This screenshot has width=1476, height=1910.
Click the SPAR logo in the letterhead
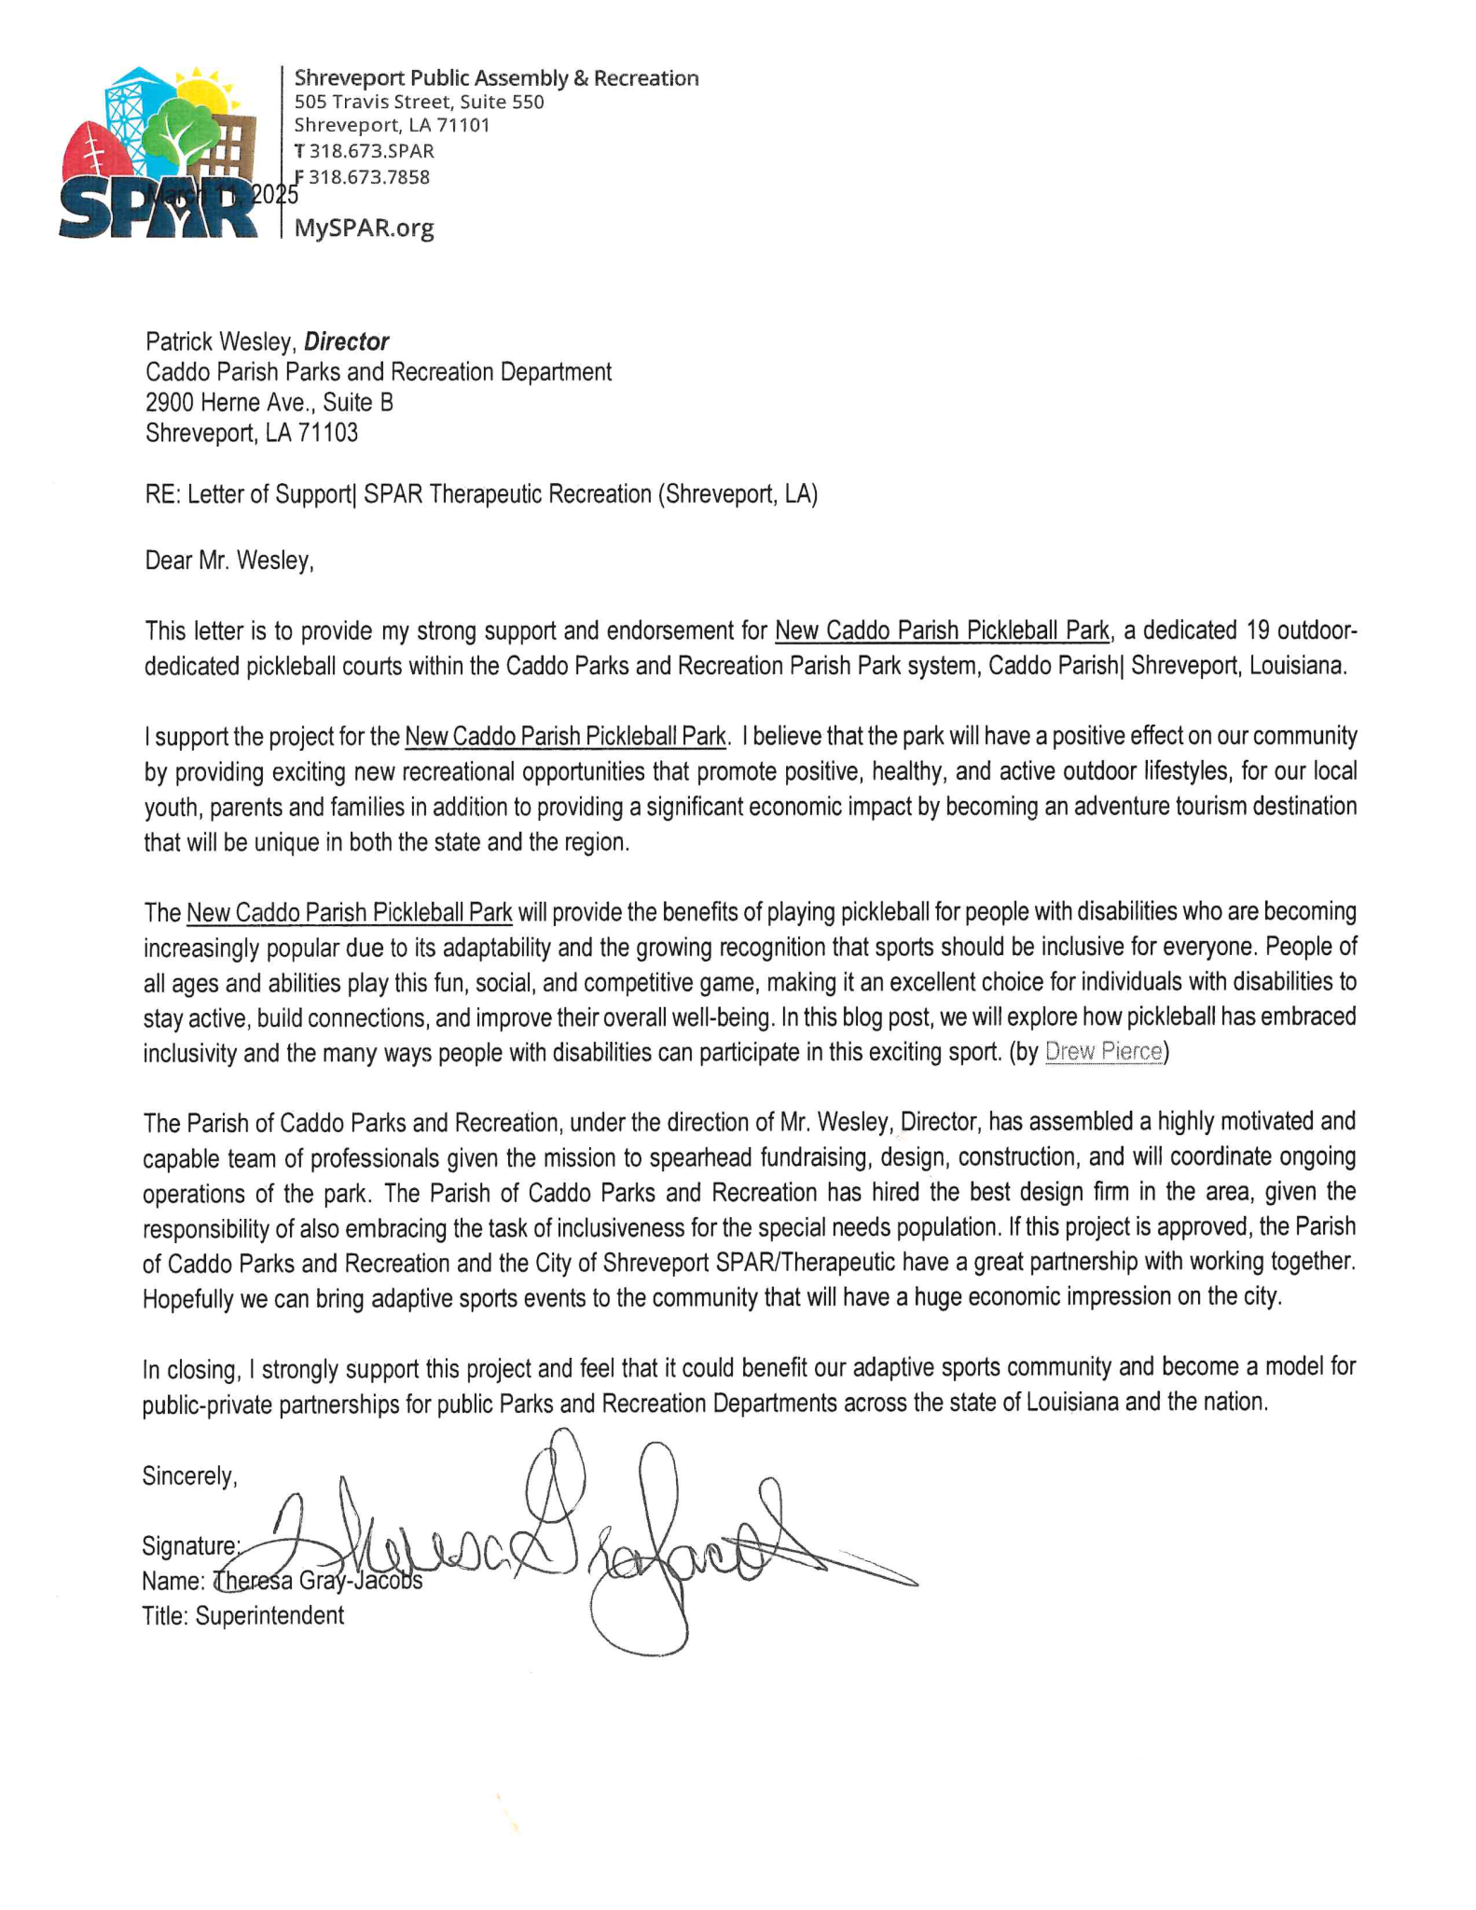tap(159, 154)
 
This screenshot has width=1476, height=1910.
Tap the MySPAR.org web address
tap(365, 228)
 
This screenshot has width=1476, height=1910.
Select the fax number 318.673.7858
tap(368, 177)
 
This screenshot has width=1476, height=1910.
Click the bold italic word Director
tap(346, 341)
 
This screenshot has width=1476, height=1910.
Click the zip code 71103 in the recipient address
tap(327, 433)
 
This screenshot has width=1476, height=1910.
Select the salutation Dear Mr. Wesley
tap(229, 561)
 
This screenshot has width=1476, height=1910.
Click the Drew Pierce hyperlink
tap(1104, 1052)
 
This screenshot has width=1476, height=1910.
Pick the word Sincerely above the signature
tap(189, 1476)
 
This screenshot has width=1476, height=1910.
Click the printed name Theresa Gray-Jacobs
tap(318, 1582)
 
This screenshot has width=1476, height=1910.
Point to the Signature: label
tap(191, 1546)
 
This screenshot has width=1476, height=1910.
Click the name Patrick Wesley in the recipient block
tap(220, 341)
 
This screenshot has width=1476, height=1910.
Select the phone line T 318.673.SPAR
tap(364, 151)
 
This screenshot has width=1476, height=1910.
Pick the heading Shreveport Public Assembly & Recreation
tap(496, 78)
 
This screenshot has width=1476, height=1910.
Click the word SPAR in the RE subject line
tap(393, 494)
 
